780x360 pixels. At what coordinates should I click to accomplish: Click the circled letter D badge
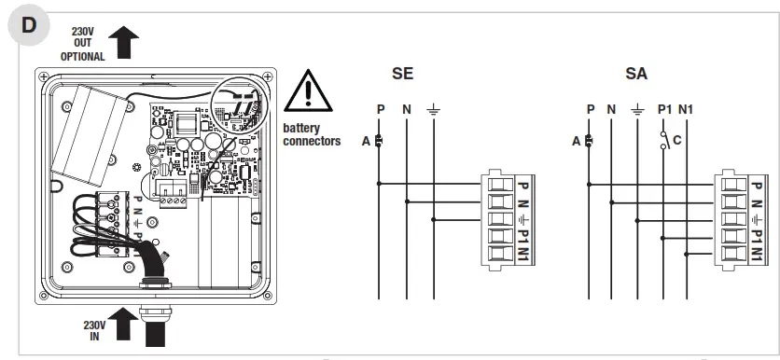[29, 25]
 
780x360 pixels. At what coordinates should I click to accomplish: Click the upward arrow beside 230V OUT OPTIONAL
[125, 43]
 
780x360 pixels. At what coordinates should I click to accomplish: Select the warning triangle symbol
[308, 91]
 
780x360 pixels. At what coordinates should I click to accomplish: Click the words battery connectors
[311, 134]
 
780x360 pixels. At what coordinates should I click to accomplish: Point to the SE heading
[404, 74]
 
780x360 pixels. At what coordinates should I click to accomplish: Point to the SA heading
[637, 74]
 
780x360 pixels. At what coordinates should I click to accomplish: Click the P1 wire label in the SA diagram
[664, 109]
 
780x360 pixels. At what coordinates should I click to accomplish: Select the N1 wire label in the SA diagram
[688, 109]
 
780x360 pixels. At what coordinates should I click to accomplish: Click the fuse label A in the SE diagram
[367, 142]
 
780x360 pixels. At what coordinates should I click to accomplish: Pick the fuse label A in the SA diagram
[578, 142]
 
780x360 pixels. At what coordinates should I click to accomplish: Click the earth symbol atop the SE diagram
[433, 109]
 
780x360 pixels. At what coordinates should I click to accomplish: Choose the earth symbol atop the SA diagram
[637, 109]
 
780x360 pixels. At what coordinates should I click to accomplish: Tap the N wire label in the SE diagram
[407, 109]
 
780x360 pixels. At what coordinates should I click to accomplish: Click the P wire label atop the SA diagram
[590, 109]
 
